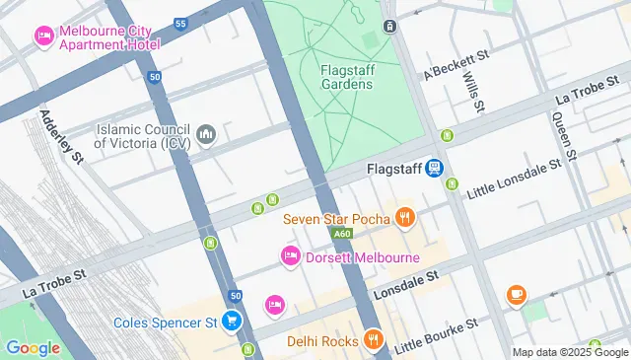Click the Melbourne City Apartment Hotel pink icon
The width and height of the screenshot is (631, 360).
click(x=44, y=36)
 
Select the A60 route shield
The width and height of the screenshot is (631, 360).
click(x=341, y=234)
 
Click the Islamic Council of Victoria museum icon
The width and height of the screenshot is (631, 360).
click(x=206, y=134)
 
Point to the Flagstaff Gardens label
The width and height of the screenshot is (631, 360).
click(x=346, y=77)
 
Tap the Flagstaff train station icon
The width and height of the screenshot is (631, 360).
click(x=434, y=169)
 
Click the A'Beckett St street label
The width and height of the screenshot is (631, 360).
click(x=456, y=67)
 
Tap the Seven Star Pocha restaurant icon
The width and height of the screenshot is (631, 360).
click(x=403, y=217)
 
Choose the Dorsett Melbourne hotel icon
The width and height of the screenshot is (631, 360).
click(x=291, y=257)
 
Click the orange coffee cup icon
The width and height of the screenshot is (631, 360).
click(x=516, y=295)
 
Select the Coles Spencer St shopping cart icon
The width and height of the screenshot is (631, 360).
click(x=231, y=322)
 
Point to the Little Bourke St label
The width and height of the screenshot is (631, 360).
click(x=436, y=335)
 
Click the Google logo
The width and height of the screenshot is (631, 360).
click(x=33, y=347)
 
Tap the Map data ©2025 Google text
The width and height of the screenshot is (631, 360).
click(x=570, y=352)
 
